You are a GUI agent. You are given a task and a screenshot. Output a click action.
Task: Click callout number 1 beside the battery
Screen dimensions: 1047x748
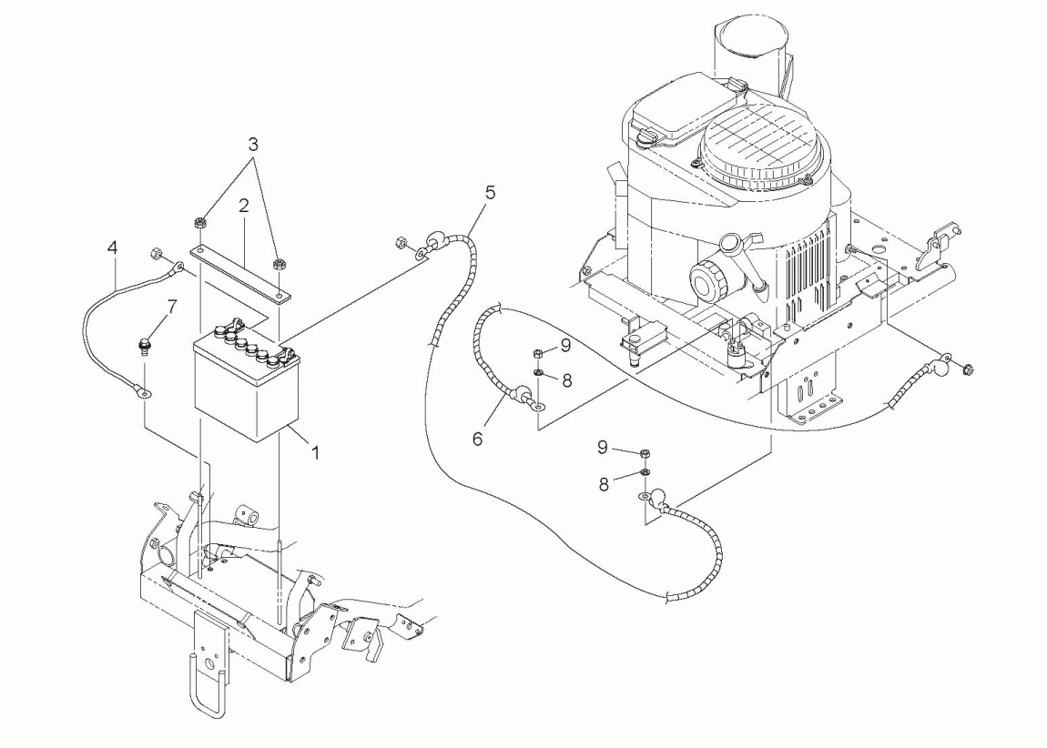(x=315, y=453)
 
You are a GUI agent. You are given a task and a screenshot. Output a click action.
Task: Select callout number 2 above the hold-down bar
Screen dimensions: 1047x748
(x=244, y=205)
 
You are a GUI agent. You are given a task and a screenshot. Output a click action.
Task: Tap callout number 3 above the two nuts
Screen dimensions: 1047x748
(x=253, y=144)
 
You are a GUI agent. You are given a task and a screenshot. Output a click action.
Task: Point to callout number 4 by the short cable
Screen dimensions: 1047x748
(x=113, y=248)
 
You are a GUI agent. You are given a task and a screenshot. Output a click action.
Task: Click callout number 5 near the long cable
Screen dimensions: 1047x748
(x=491, y=193)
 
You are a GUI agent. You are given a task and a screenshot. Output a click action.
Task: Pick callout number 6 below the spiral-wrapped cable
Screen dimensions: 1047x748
(x=477, y=439)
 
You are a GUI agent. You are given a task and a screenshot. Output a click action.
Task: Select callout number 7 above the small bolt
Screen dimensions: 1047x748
(x=172, y=308)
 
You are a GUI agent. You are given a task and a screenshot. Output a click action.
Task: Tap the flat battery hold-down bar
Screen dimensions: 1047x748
(x=241, y=274)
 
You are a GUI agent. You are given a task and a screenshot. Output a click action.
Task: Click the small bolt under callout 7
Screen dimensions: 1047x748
(x=144, y=347)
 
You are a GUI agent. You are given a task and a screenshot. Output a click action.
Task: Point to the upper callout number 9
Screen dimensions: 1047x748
(x=565, y=345)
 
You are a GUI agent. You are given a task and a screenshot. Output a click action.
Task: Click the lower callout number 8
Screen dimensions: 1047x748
(x=604, y=485)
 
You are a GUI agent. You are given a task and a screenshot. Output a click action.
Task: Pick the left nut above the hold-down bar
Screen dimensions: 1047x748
(x=199, y=223)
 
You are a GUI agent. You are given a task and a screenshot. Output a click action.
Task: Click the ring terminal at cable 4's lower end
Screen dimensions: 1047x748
(x=141, y=392)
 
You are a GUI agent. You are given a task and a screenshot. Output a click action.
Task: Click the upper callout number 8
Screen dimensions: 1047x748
(x=567, y=381)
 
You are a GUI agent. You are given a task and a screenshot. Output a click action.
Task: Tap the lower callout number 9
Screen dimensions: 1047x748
(x=603, y=448)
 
